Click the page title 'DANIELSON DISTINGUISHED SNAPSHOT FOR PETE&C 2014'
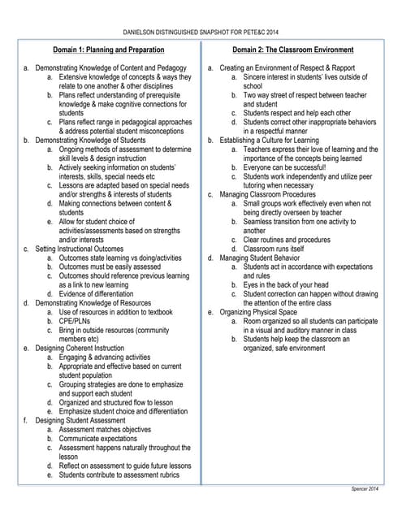201,32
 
